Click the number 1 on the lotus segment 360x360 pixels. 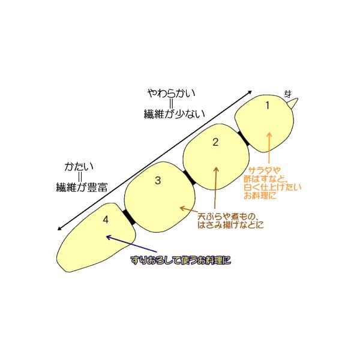coord(268,105)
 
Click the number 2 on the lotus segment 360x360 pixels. coord(215,142)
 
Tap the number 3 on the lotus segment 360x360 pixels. coord(158,180)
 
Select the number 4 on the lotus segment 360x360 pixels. coord(106,220)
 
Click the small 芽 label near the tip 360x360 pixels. coord(289,94)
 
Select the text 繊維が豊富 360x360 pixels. coord(79,187)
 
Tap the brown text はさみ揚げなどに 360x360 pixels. coord(230,226)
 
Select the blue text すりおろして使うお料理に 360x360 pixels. coord(181,260)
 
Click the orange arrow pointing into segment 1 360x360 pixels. coord(269,147)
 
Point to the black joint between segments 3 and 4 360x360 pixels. coord(128,217)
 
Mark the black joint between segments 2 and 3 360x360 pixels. coord(190,176)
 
